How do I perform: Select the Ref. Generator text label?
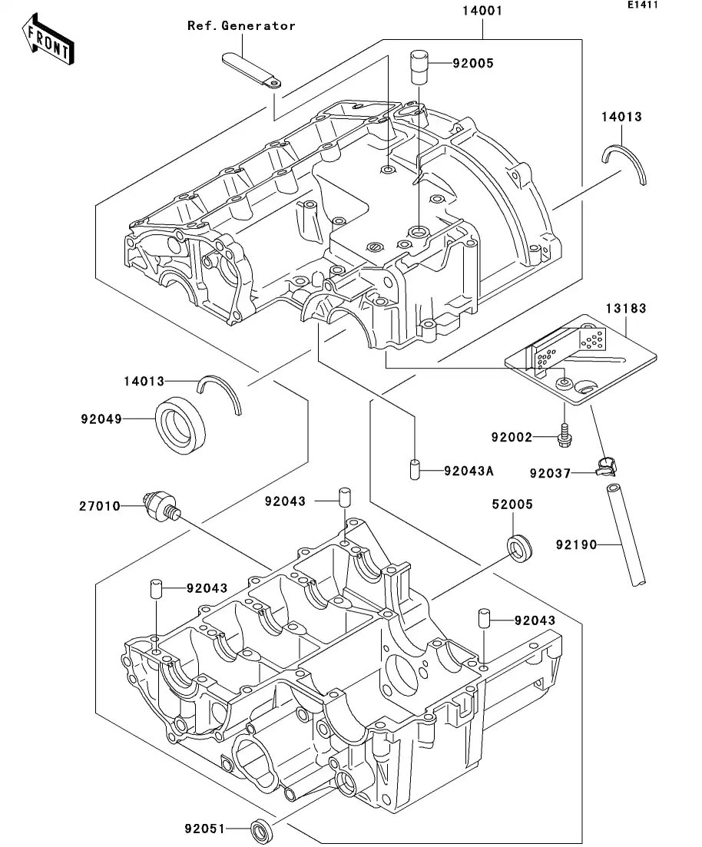241,26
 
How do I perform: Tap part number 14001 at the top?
482,12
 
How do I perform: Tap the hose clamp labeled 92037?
607,466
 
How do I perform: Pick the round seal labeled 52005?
519,546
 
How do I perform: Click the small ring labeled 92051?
261,829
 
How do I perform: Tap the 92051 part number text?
204,829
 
